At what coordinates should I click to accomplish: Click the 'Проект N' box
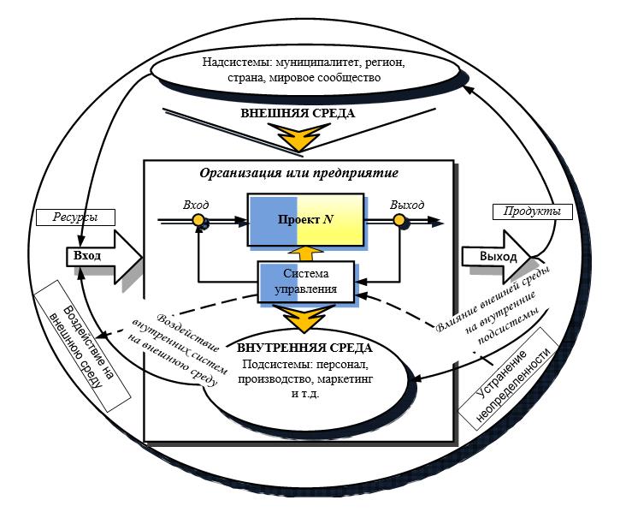click(x=305, y=220)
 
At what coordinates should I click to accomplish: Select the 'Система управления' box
click(x=305, y=281)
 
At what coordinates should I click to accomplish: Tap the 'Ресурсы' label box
click(x=75, y=217)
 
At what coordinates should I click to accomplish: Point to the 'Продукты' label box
click(x=532, y=211)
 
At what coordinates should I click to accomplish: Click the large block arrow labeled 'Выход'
click(x=497, y=256)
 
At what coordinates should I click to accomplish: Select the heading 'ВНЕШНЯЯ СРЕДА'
click(x=298, y=113)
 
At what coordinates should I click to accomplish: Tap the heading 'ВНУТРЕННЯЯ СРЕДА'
click(x=304, y=348)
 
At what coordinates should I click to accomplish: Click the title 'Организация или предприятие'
click(x=298, y=173)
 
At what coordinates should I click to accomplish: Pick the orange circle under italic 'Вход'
click(x=198, y=220)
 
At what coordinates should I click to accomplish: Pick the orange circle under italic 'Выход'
click(x=399, y=220)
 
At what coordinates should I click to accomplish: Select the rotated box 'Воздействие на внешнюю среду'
click(x=82, y=345)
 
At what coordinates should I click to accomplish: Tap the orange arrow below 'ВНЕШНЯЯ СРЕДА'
click(x=299, y=137)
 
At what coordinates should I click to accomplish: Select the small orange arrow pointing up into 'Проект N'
click(x=304, y=253)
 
